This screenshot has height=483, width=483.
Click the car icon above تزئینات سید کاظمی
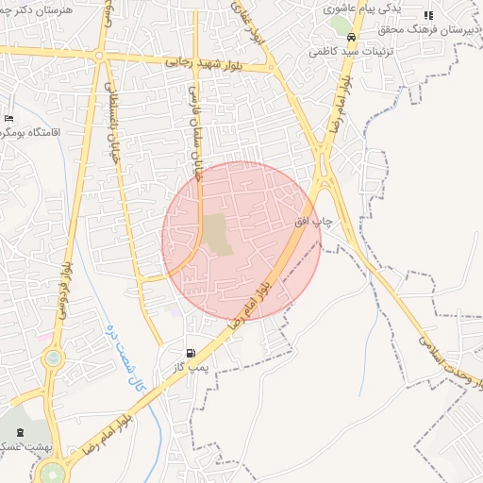pos(351,38)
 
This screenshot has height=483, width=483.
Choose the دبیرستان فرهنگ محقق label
pos(434,30)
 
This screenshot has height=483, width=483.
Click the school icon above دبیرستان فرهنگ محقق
pos(428,15)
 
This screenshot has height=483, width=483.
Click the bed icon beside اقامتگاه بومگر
pos(8,118)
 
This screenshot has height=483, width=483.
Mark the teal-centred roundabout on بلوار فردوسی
pos(53,358)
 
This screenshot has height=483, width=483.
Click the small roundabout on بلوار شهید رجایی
pos(98,55)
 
